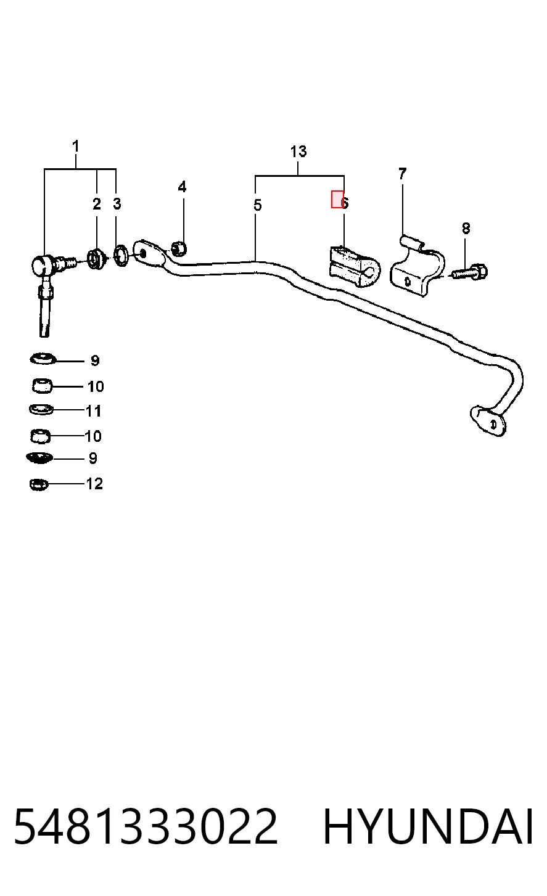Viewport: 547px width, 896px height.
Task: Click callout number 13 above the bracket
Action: point(298,152)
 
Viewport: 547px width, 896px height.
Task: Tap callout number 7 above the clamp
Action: point(403,174)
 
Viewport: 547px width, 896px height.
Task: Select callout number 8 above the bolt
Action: point(466,229)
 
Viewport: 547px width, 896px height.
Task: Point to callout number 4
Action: point(182,187)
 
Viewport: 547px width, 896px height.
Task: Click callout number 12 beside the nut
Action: point(94,484)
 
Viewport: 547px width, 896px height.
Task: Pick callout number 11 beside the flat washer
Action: point(94,411)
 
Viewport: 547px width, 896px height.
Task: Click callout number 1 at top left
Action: point(76,147)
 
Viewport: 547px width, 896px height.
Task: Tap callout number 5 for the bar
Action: point(258,205)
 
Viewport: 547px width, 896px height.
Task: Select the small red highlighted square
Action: point(337,199)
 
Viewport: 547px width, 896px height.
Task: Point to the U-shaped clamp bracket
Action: point(417,266)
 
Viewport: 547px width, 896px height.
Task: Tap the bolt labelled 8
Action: point(470,272)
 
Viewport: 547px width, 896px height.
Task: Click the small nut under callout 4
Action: point(179,249)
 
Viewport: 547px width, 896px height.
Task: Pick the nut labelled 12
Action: point(39,485)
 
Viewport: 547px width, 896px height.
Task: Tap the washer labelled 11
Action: point(41,410)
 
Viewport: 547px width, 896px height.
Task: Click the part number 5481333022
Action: point(146,826)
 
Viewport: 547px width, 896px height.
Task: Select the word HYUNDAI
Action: point(428,826)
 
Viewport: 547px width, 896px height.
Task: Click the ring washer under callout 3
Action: point(121,257)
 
